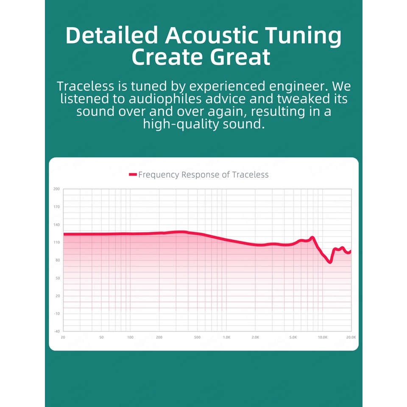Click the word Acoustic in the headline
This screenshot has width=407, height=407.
click(212, 36)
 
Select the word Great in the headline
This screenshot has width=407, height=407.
click(240, 57)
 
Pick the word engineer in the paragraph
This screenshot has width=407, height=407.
click(297, 86)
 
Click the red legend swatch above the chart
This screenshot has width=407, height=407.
click(133, 174)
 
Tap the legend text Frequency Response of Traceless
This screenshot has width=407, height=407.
click(203, 175)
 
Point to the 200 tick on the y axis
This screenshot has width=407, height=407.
click(56, 189)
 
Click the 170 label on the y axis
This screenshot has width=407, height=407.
click(56, 207)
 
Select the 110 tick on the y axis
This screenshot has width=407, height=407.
click(56, 243)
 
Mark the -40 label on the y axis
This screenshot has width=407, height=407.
click(57, 332)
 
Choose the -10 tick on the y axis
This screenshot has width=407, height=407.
click(57, 314)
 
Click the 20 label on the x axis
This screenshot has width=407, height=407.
click(63, 337)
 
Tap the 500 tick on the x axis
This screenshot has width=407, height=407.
click(197, 337)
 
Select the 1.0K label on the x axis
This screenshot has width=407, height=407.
click(226, 337)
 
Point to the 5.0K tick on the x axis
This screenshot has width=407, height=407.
click(293, 337)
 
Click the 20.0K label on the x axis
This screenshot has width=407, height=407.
click(351, 337)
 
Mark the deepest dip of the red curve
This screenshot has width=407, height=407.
click(330, 262)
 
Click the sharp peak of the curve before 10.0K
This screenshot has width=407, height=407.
click(312, 237)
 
